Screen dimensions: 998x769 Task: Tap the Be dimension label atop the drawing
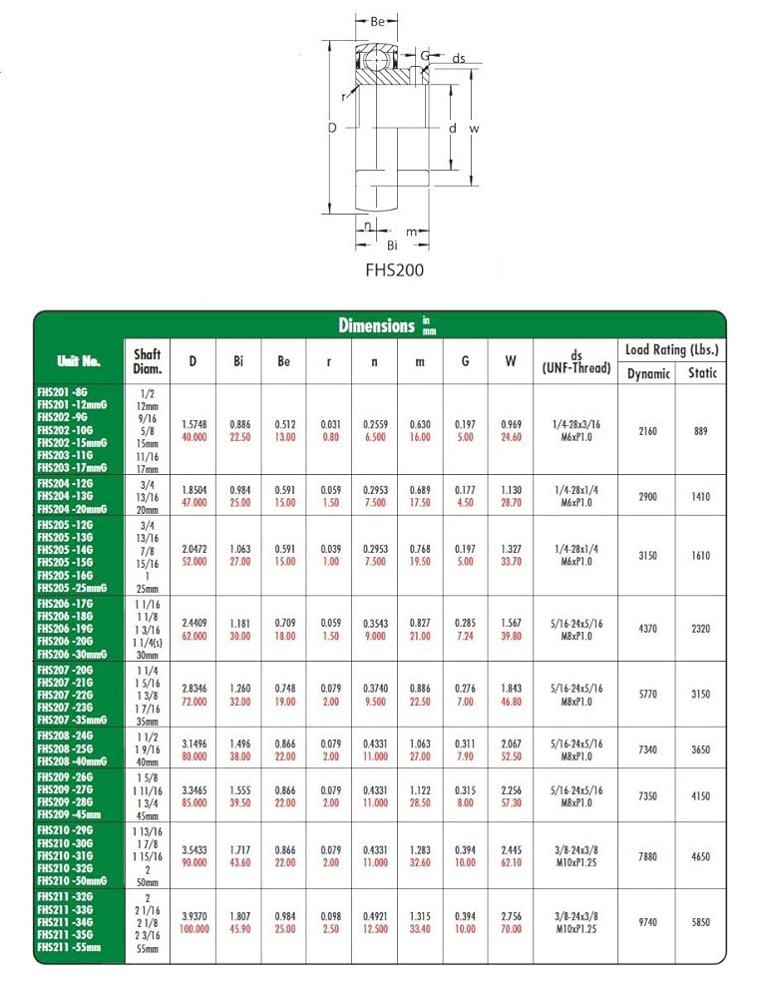click(378, 21)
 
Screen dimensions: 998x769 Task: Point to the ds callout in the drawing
click(459, 59)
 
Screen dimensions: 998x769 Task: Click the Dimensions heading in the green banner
click(376, 325)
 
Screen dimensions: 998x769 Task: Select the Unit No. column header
click(79, 361)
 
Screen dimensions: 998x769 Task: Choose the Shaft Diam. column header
click(147, 361)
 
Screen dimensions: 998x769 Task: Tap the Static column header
click(701, 373)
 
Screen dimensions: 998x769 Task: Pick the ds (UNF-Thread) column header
click(577, 361)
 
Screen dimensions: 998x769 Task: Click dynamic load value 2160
click(648, 431)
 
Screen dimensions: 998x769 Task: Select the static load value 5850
click(701, 923)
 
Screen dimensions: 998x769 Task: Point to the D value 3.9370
click(192, 916)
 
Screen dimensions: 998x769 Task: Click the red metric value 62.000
click(192, 636)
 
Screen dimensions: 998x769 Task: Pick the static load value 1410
click(701, 496)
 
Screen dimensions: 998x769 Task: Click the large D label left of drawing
click(333, 128)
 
